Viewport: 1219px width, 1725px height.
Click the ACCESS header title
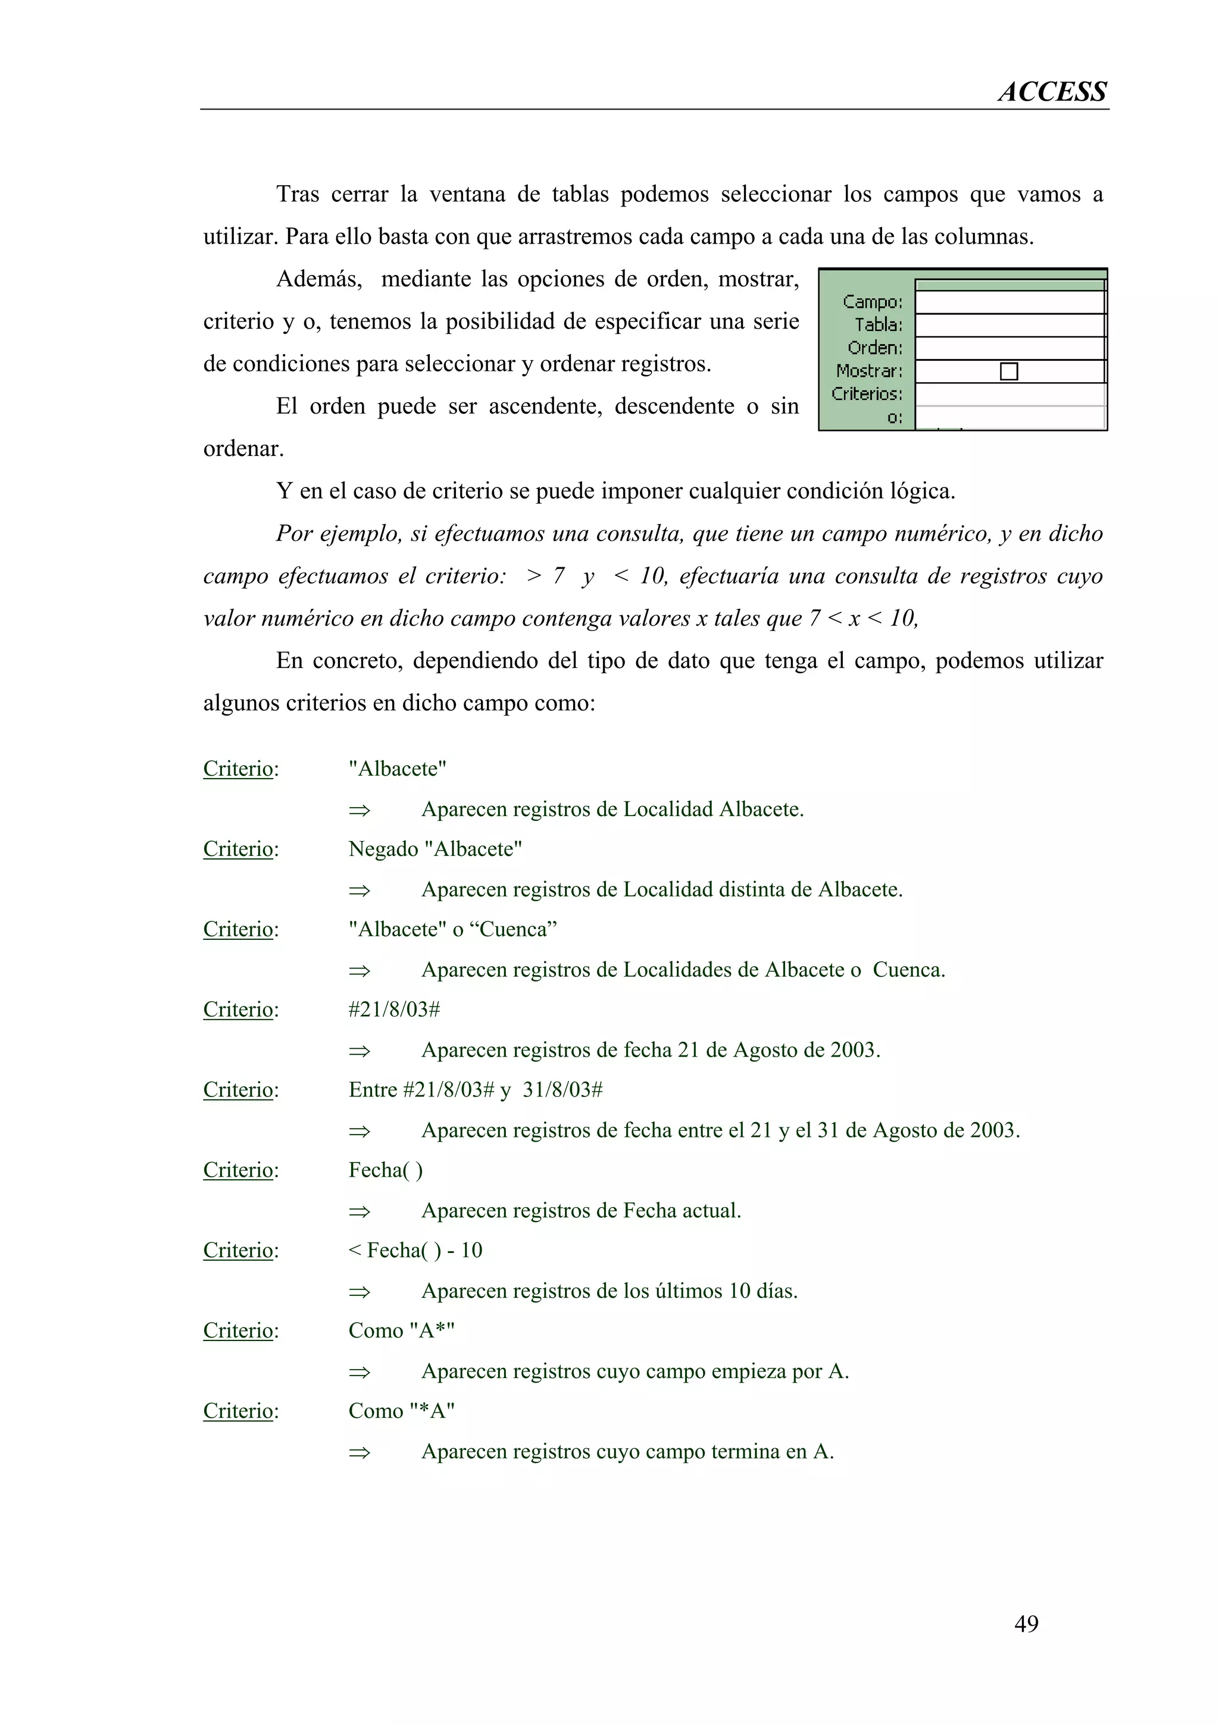1052,92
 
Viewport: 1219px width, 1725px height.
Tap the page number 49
1026,1624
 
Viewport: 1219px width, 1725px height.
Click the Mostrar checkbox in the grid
1009,371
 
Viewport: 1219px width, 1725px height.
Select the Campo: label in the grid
872,302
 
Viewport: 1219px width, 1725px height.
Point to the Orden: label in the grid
875,348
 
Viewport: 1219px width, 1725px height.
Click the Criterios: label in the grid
867,393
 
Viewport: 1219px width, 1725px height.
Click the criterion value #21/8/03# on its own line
393,1010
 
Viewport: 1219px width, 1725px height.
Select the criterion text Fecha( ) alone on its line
385,1170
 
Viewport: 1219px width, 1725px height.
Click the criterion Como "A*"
401,1330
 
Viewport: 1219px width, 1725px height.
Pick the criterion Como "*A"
401,1411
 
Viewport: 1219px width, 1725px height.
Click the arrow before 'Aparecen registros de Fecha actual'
359,1211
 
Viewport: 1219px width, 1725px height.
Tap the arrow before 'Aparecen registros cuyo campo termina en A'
359,1452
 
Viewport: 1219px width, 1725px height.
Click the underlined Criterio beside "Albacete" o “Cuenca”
237,929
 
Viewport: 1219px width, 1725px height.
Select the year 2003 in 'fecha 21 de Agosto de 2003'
854,1049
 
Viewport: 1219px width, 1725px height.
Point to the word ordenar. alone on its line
243,449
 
